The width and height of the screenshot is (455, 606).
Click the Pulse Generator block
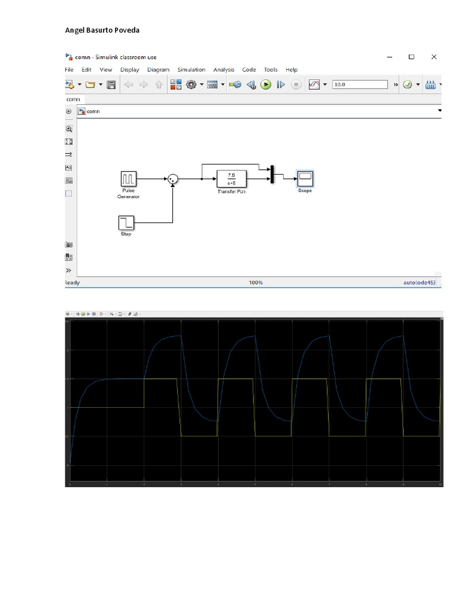click(x=129, y=178)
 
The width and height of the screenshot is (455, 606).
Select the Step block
click(x=126, y=223)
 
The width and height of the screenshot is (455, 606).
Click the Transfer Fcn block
click(x=230, y=178)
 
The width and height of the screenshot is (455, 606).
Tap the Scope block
click(x=305, y=178)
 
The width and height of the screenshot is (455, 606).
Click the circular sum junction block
click(x=172, y=178)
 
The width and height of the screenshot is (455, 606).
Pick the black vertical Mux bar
click(x=272, y=175)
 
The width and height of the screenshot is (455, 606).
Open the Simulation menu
click(x=191, y=70)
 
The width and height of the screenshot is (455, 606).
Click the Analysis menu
click(x=224, y=70)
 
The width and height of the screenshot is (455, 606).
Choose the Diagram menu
click(x=158, y=70)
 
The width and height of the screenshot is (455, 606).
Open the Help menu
click(x=291, y=70)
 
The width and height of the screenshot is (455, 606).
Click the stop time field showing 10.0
click(x=360, y=85)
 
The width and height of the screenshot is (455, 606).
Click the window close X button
click(x=434, y=57)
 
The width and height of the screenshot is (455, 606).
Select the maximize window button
click(x=411, y=57)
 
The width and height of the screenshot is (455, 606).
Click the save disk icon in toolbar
click(x=111, y=85)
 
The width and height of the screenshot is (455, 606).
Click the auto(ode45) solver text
click(x=419, y=283)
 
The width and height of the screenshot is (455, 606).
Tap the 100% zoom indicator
click(x=255, y=283)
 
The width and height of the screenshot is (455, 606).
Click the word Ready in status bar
click(x=72, y=283)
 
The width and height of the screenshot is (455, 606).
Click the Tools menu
click(x=270, y=70)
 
